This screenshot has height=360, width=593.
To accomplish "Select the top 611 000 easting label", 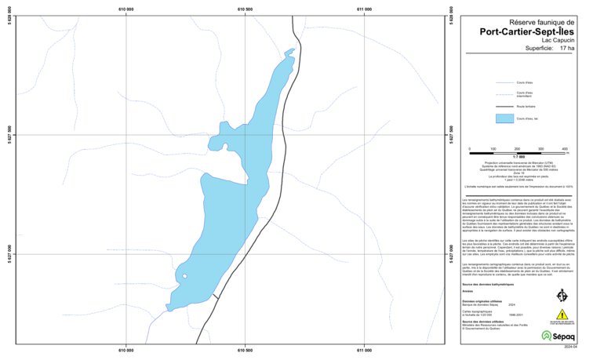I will tap(364, 9).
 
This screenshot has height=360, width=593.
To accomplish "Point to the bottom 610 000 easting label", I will tap(125, 350).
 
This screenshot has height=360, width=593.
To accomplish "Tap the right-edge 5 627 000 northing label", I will tap(453, 254).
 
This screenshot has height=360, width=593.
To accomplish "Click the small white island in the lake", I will tap(184, 276).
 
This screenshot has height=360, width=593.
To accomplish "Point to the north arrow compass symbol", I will tap(562, 295).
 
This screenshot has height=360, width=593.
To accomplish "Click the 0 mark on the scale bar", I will tap(469, 149).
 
